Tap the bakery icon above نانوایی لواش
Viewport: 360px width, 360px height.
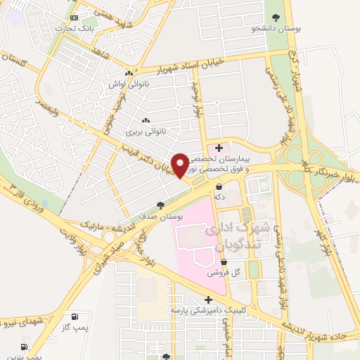pyautogui.click(x=128, y=73)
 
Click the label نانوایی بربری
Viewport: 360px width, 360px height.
pyautogui.click(x=144, y=131)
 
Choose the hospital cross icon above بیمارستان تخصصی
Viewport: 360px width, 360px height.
pyautogui.click(x=219, y=148)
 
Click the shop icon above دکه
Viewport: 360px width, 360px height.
pyautogui.click(x=221, y=187)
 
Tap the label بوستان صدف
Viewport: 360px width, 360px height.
pyautogui.click(x=161, y=217)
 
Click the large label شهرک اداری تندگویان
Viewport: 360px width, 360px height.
pyautogui.click(x=232, y=237)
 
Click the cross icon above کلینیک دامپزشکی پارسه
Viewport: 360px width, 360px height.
pyautogui.click(x=208, y=300)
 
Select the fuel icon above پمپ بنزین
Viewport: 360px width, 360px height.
pyautogui.click(x=25, y=347)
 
